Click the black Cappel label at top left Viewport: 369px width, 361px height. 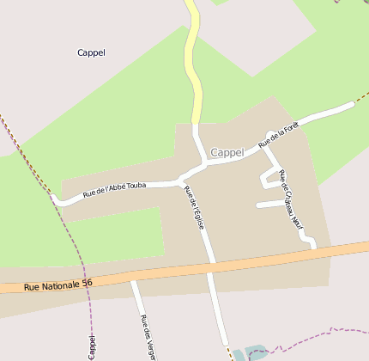tap(91, 52)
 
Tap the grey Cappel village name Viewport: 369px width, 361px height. tap(227, 152)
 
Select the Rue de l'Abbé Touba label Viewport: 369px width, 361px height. tap(114, 189)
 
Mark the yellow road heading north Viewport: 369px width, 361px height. tap(195, 60)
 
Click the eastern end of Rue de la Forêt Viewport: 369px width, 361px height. tap(351, 105)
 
